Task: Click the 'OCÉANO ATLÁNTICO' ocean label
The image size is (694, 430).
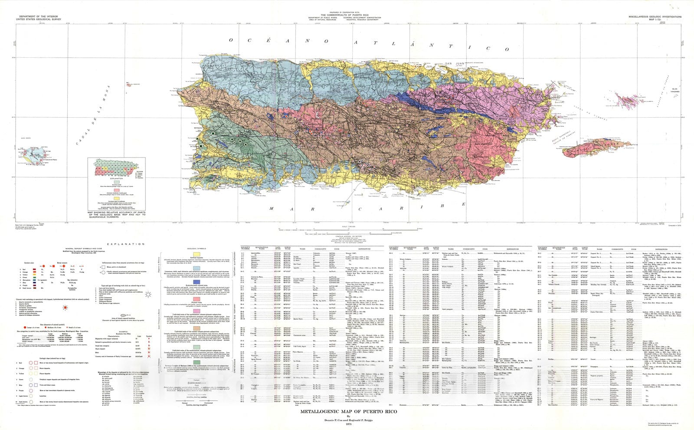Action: pos(368,44)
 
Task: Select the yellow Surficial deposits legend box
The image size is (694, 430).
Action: pos(196,253)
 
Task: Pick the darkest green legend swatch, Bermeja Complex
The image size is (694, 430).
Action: pos(196,362)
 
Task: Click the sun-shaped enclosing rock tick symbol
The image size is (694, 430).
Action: pos(148,294)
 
